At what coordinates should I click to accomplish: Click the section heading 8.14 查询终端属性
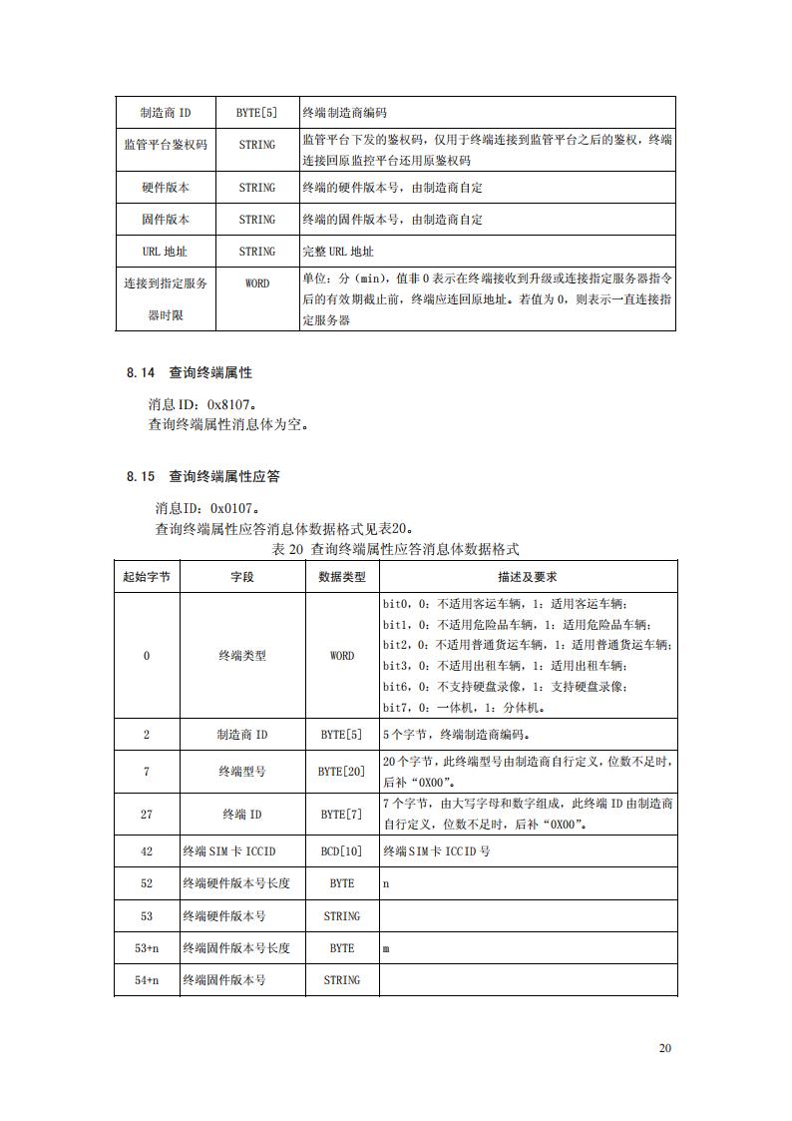190,372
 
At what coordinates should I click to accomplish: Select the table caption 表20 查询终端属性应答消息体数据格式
395,549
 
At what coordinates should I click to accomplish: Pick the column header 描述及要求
527,577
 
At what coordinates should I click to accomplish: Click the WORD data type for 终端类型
341,656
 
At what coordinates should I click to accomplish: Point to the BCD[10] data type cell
341,851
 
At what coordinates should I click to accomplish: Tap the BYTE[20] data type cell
341,772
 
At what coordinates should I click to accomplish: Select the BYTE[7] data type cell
341,815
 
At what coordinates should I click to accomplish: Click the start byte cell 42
147,851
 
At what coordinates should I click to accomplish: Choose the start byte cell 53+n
147,948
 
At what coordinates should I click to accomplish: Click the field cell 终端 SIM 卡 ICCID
228,851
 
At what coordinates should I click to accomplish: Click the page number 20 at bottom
665,1048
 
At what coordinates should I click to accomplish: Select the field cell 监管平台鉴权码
165,145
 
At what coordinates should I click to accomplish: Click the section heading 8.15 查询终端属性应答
202,476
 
